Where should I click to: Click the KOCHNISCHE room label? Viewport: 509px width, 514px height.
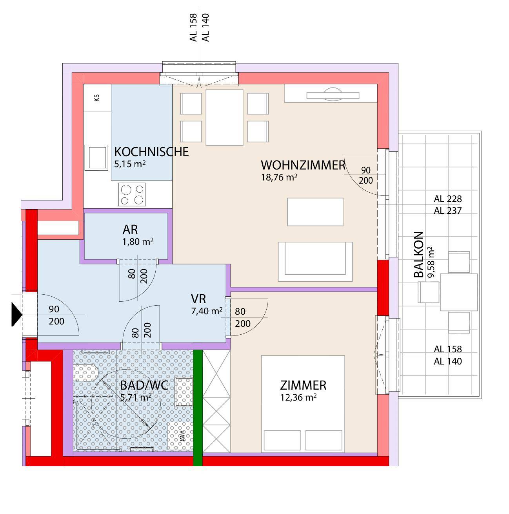[x=151, y=152]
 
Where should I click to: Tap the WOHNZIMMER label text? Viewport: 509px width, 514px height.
[x=303, y=165]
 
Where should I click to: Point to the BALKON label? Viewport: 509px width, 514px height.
[x=419, y=255]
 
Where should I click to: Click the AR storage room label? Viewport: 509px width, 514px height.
[x=130, y=230]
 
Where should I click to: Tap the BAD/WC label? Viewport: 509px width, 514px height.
[x=144, y=385]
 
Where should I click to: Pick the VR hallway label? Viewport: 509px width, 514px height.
[x=198, y=299]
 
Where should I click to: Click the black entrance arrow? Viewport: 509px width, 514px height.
[x=16, y=314]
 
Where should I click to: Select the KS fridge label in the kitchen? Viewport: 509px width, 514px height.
[x=97, y=98]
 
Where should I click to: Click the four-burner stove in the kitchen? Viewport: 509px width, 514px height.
[x=132, y=195]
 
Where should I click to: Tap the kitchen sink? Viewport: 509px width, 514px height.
[x=96, y=157]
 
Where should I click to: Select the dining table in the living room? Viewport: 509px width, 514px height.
[x=224, y=117]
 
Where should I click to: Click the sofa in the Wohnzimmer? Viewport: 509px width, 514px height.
[x=315, y=261]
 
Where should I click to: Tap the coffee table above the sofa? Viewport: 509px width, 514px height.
[x=315, y=212]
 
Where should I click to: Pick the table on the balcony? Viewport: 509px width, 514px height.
[x=458, y=292]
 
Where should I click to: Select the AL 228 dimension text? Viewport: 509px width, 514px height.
[x=448, y=199]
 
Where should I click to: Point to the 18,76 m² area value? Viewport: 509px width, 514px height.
[x=279, y=177]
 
